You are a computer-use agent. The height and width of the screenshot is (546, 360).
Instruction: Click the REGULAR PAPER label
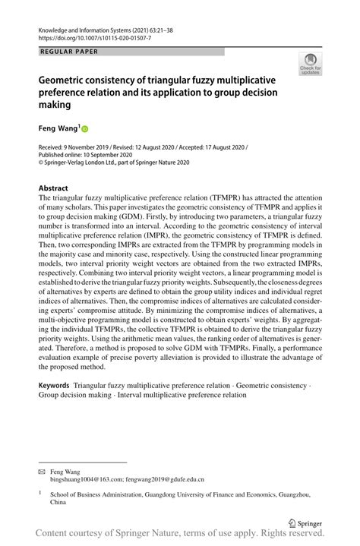click(66, 52)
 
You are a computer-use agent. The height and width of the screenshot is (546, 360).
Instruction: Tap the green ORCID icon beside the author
click(85, 130)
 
